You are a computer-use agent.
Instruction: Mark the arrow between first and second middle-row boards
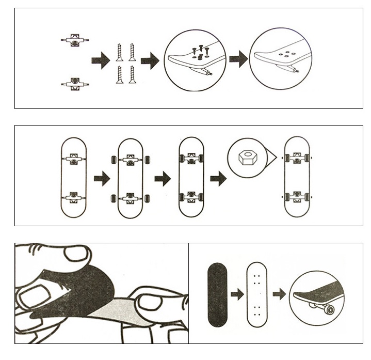[102, 179]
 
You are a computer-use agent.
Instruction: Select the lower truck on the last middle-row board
[297, 196]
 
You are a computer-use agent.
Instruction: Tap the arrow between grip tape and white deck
[237, 294]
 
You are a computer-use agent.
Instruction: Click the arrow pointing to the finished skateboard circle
[279, 294]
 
